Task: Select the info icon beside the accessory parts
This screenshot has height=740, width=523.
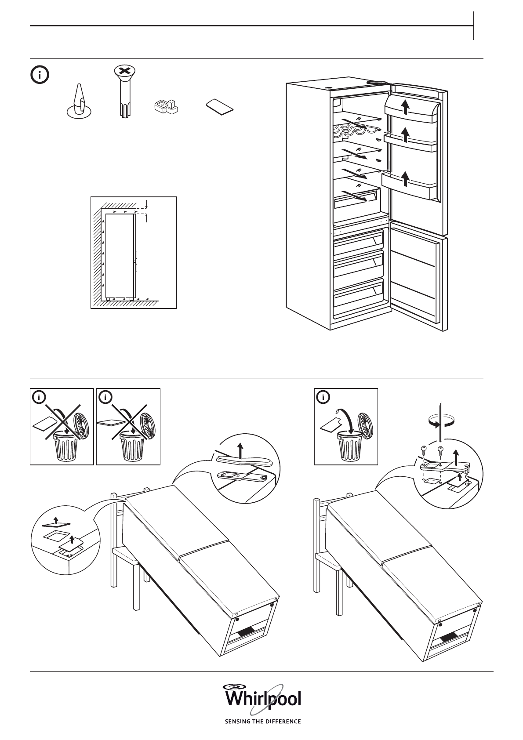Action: coord(40,75)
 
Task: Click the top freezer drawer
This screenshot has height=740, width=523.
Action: coord(358,243)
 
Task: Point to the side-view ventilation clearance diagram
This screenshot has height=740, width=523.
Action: coord(134,253)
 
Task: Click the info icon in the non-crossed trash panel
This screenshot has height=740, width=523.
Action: coord(324,398)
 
